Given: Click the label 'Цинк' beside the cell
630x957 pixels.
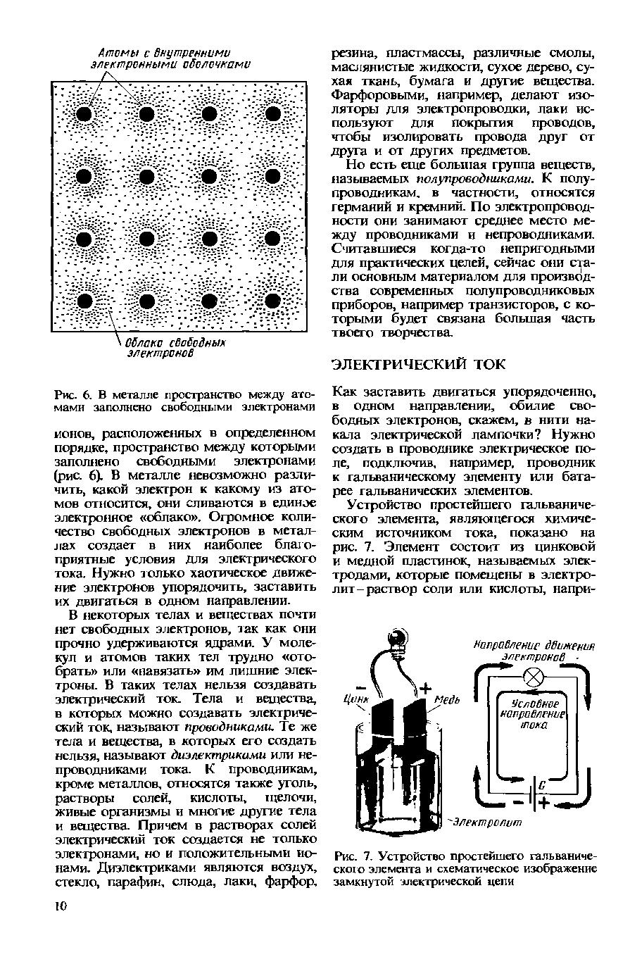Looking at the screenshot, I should pyautogui.click(x=356, y=700).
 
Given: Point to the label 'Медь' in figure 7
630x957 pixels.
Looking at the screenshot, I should pyautogui.click(x=446, y=700).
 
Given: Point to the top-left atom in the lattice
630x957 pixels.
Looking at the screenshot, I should pyautogui.click(x=84, y=114).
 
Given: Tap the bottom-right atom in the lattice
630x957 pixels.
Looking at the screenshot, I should pyautogui.click(x=271, y=302).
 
